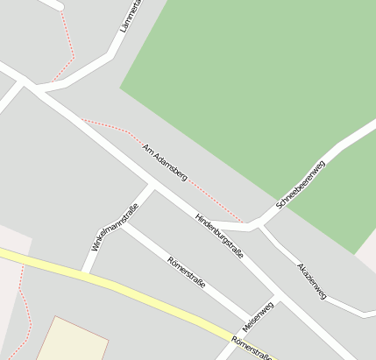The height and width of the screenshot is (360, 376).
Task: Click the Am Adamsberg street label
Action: coord(165,162)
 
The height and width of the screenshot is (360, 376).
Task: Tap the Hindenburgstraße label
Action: coord(219,235)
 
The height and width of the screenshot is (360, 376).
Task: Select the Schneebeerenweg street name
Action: coord(301,185)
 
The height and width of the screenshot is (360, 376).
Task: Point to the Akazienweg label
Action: coord(311,281)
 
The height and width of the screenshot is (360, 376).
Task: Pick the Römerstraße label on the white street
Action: coord(186,272)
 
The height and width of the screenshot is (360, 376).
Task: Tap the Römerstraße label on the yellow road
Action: coord(254,349)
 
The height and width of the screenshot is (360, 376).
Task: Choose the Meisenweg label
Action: coord(259,316)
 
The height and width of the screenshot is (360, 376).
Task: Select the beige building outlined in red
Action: coord(70,342)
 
